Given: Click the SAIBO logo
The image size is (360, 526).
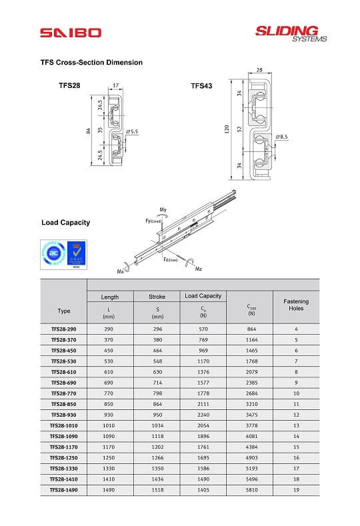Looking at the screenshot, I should pyautogui.click(x=70, y=32).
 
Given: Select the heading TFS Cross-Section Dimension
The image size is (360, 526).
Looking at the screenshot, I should pyautogui.click(x=91, y=62).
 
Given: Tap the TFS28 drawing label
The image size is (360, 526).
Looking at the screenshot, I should pyautogui.click(x=70, y=85).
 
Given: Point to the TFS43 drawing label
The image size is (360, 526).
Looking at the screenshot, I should pyautogui.click(x=201, y=85).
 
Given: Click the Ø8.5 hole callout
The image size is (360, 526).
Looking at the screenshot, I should pyautogui.click(x=281, y=137).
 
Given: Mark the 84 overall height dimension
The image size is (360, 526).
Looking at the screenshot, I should pyautogui.click(x=88, y=131).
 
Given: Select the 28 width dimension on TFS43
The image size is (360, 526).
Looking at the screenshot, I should pyautogui.click(x=259, y=69).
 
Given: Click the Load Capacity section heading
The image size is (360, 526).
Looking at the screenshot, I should pyautogui.click(x=65, y=222).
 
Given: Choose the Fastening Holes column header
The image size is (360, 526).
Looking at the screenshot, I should pyautogui.click(x=295, y=305).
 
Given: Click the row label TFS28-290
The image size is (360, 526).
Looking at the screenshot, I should pyautogui.click(x=64, y=329).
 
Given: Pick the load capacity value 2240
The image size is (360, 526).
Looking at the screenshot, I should pyautogui.click(x=203, y=415).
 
